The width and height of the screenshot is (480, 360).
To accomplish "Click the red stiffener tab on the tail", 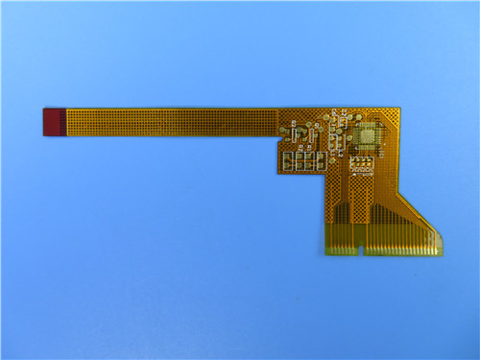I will coord(53,122).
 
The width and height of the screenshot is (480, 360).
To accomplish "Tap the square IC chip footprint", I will coord(366,135).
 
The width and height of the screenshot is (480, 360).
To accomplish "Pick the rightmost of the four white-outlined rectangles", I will coord(321,161).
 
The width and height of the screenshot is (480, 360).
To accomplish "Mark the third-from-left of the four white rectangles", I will coord(310,161).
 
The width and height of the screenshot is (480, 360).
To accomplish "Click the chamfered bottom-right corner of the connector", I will coord(442,252).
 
